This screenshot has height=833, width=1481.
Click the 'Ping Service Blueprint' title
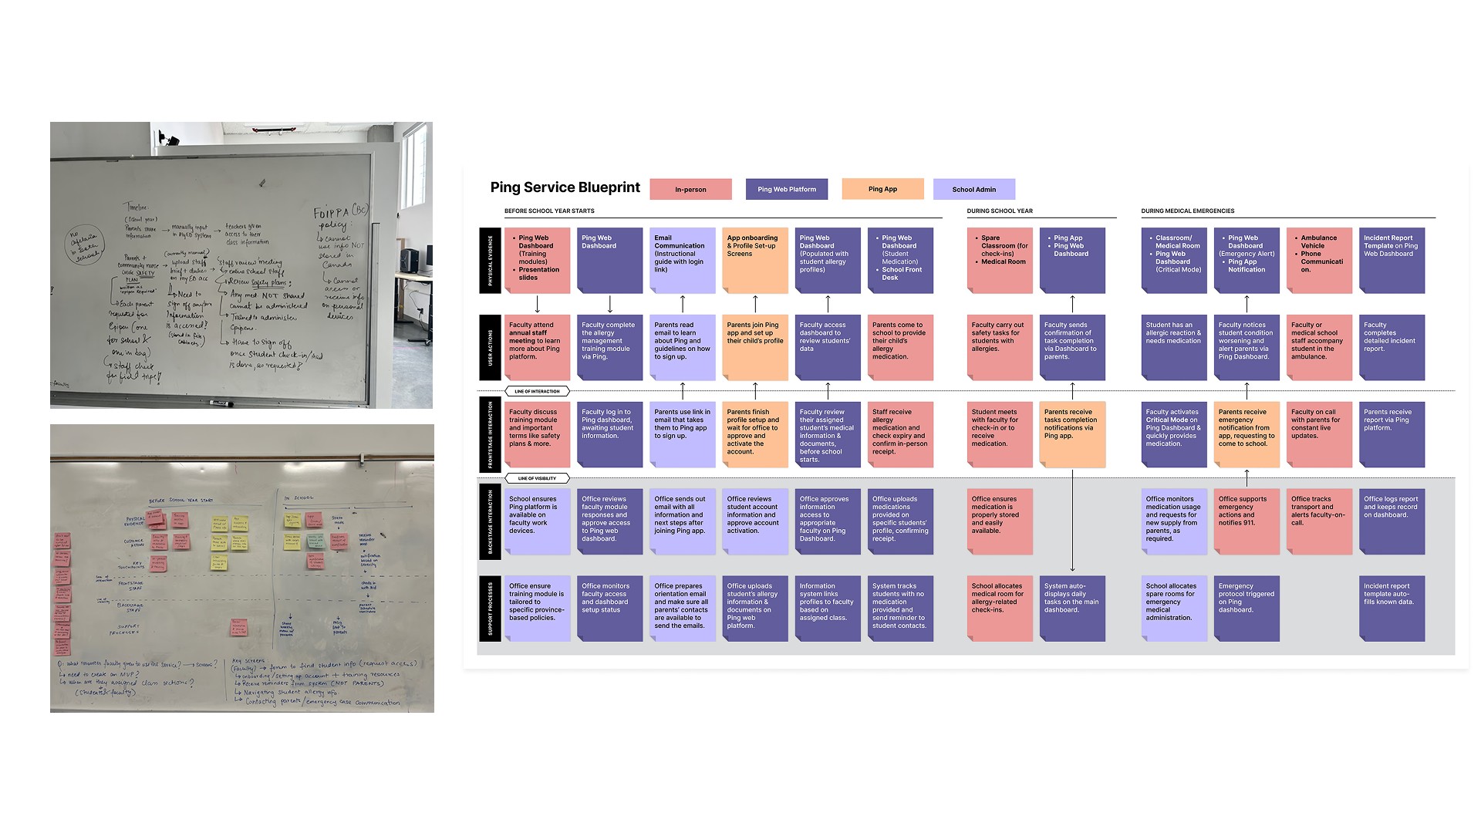565,187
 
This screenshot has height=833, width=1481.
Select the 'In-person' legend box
690,189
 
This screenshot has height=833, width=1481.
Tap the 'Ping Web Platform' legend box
786,189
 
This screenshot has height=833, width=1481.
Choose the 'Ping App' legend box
882,189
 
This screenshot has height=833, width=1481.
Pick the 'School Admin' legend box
973,189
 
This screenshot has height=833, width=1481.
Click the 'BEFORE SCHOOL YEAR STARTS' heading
549,211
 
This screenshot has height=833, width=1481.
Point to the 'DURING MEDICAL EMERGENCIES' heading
1187,211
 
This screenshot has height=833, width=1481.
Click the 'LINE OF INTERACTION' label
537,391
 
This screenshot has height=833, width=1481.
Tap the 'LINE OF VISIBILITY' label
537,478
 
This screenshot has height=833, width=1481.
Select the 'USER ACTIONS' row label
490,347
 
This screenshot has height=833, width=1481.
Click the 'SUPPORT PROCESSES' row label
490,609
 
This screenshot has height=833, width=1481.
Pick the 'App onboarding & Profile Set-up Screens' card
755,260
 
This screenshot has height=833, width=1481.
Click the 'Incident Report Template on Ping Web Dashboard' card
1392,260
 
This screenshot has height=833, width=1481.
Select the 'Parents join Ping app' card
755,347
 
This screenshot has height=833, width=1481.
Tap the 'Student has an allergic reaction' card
1174,347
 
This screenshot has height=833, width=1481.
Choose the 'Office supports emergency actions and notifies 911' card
1247,521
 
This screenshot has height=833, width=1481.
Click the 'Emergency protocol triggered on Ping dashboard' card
1247,609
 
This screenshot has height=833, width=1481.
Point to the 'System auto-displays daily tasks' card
1072,609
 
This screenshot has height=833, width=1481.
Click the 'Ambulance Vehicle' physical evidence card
1319,260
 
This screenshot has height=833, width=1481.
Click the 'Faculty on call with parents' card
1319,434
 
